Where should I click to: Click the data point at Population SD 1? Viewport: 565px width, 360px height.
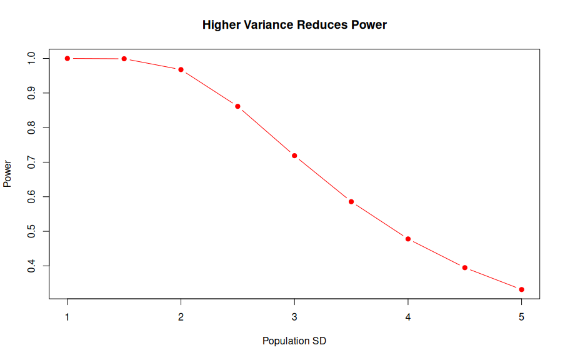click(67, 58)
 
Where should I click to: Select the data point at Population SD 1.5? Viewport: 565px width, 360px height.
click(124, 59)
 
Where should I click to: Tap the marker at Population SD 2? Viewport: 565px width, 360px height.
click(181, 69)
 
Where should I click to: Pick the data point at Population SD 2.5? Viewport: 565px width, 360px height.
click(237, 106)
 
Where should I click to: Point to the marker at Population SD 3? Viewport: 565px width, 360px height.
click(294, 156)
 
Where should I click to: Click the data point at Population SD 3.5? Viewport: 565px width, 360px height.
click(351, 202)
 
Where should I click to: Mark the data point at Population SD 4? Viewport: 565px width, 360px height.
click(408, 239)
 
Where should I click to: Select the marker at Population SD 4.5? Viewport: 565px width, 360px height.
click(465, 267)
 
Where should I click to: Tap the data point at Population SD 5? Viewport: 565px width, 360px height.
click(521, 289)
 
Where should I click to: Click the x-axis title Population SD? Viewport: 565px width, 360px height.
click(294, 341)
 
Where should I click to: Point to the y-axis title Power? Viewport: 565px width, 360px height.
click(8, 174)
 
